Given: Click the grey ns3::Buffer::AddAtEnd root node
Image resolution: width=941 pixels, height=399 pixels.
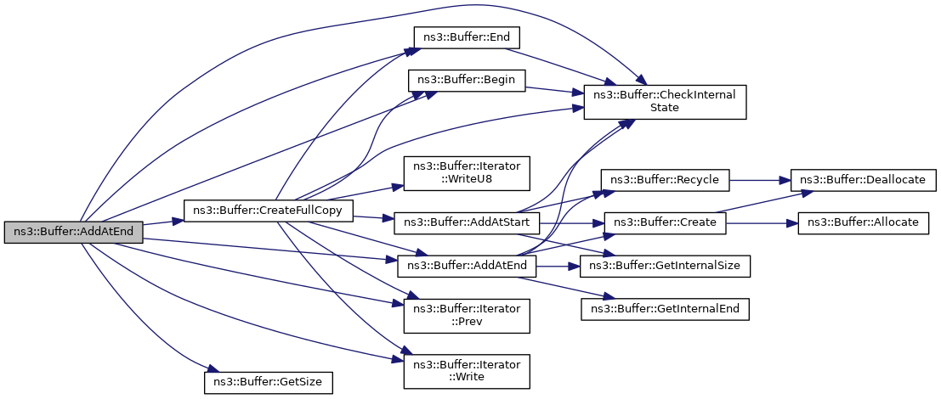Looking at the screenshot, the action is pyautogui.click(x=73, y=233).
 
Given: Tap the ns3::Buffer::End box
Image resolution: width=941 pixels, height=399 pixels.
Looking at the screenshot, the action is pyautogui.click(x=467, y=37).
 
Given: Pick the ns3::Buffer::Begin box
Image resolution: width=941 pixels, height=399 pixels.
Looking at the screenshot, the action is pyautogui.click(x=467, y=81).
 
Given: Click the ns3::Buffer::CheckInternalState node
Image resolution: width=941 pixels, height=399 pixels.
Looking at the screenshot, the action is pyautogui.click(x=665, y=103).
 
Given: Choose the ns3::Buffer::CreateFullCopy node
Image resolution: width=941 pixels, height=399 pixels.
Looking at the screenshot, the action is pyautogui.click(x=269, y=211).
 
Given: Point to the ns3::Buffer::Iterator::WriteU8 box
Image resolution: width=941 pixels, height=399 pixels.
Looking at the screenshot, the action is pyautogui.click(x=467, y=174).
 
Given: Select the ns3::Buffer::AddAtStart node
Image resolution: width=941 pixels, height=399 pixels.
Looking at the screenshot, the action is pyautogui.click(x=467, y=223).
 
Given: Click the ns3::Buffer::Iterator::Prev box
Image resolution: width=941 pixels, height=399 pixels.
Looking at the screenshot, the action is pyautogui.click(x=467, y=316).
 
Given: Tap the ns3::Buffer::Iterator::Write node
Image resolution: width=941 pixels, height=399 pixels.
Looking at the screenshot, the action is pyautogui.click(x=467, y=371).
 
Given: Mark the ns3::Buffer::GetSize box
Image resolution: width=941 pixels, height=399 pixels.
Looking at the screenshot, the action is pyautogui.click(x=269, y=382).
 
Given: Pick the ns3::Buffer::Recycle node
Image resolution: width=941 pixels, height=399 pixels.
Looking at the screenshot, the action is pyautogui.click(x=665, y=180).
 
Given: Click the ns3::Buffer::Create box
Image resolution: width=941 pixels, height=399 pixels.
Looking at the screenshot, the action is pyautogui.click(x=665, y=223).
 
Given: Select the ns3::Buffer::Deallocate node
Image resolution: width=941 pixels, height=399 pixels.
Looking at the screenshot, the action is pyautogui.click(x=864, y=180).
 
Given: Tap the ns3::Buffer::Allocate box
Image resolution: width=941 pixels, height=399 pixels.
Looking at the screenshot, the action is pyautogui.click(x=864, y=223).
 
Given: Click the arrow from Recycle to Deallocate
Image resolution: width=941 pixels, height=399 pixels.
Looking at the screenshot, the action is pyautogui.click(x=760, y=180).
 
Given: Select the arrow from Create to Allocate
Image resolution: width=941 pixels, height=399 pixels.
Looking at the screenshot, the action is pyautogui.click(x=762, y=223).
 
